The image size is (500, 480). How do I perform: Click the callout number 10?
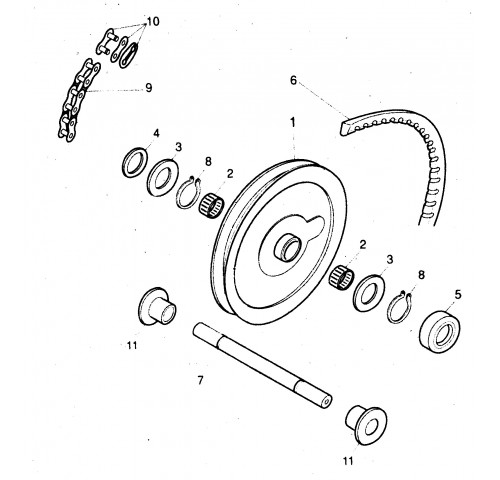pyautogui.click(x=153, y=22)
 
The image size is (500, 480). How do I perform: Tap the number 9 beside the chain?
pyautogui.click(x=148, y=88)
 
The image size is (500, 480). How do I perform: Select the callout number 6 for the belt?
pyautogui.click(x=293, y=80)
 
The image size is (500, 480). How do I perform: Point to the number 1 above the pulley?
pyautogui.click(x=293, y=122)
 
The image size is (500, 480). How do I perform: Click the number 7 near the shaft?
pyautogui.click(x=200, y=380)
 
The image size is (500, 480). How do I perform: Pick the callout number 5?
pyautogui.click(x=458, y=295)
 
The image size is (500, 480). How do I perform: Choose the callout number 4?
pyautogui.click(x=156, y=133)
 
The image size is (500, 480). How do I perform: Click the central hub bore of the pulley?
pyautogui.click(x=289, y=248)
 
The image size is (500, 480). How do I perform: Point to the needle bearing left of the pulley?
pyautogui.click(x=211, y=205)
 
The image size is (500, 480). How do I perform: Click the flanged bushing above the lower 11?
pyautogui.click(x=366, y=425)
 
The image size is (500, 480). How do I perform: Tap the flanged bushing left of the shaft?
pyautogui.click(x=157, y=307)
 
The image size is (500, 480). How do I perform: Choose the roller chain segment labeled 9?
pyautogui.click(x=79, y=100)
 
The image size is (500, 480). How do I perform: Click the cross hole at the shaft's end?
pyautogui.click(x=327, y=399)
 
